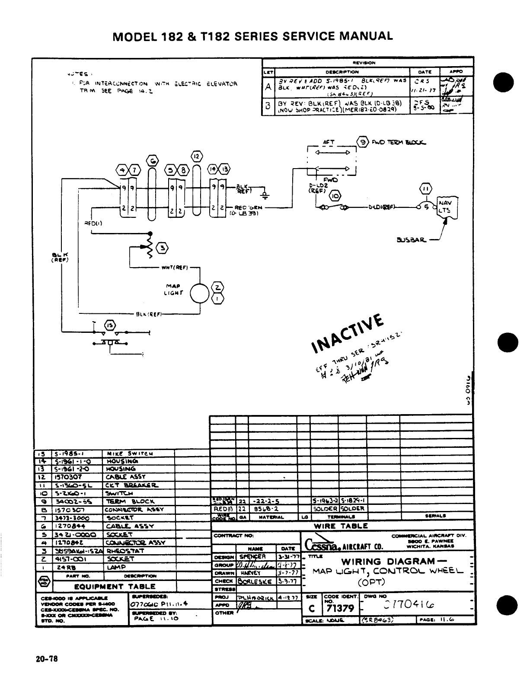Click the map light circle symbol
tap(199, 294)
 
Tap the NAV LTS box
tap(444, 207)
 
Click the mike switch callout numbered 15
tap(111, 326)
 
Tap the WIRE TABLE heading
tap(341, 526)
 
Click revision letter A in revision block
tap(268, 86)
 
